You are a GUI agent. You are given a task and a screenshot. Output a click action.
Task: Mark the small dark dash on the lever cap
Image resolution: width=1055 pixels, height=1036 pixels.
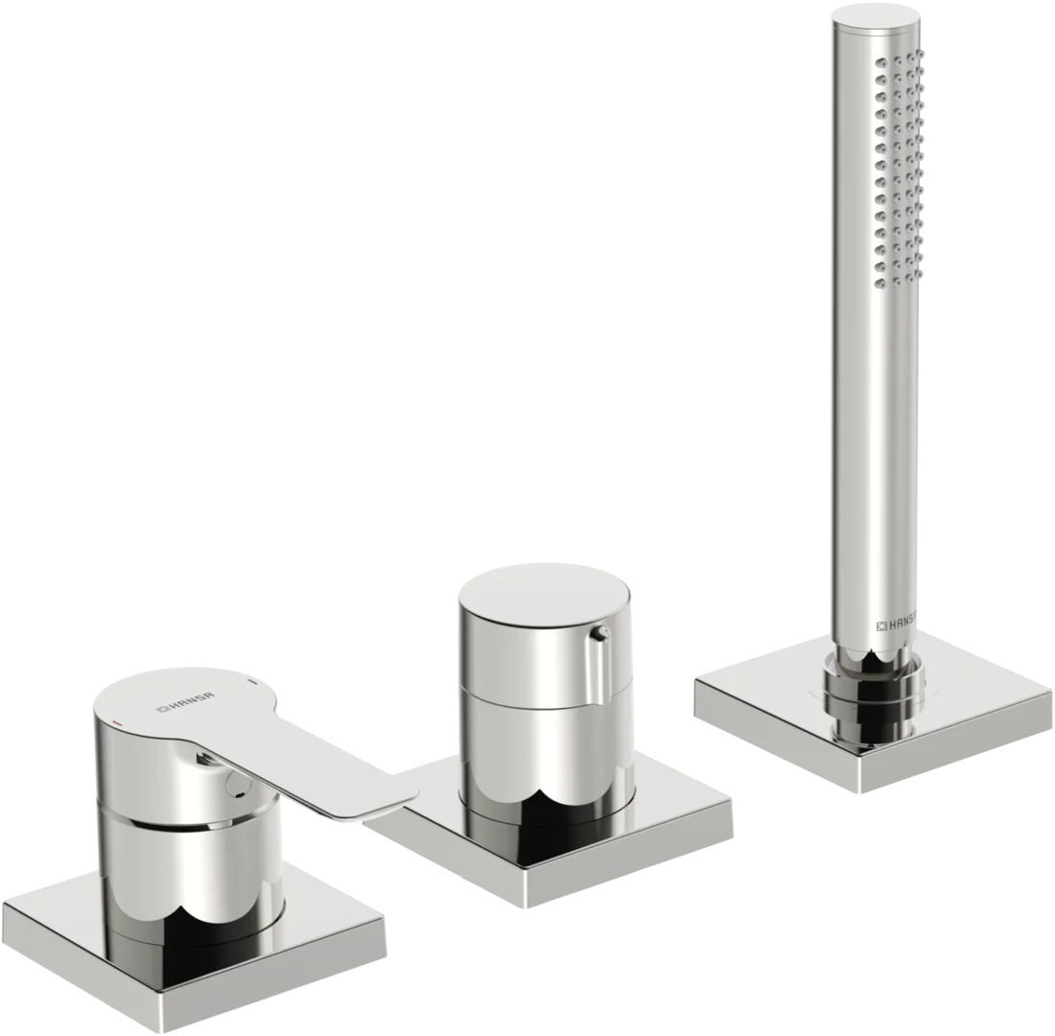point(251,683)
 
